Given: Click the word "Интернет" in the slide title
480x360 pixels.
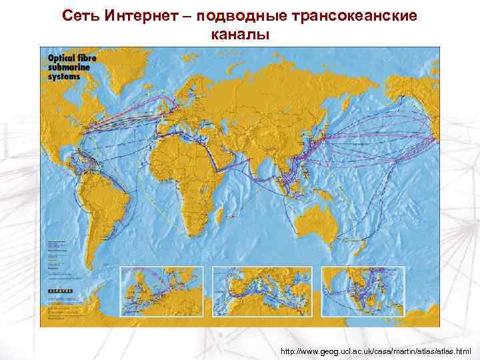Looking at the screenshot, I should click(x=130, y=15).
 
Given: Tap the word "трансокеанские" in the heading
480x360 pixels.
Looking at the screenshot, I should click(x=357, y=15).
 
